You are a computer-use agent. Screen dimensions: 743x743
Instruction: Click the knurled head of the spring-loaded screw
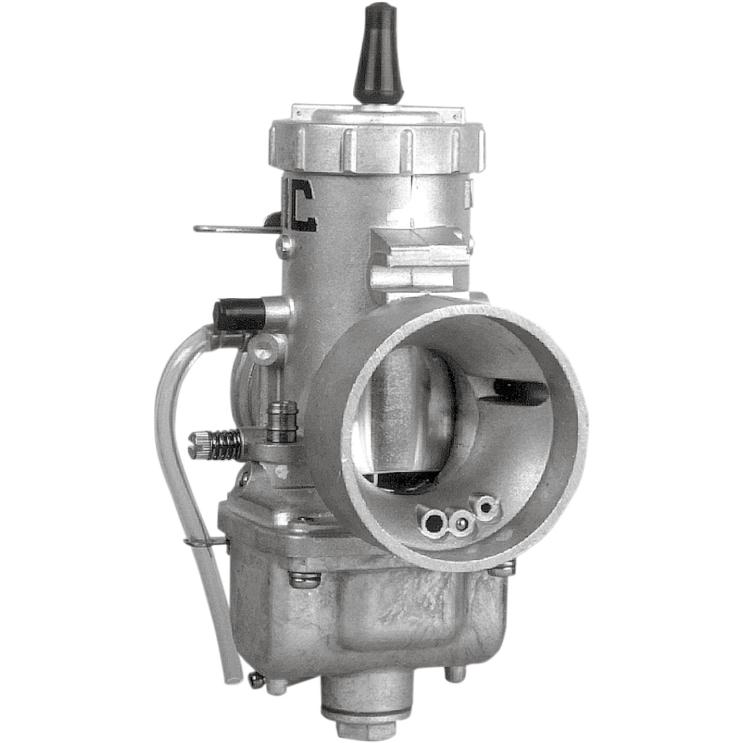pos(198,439)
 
